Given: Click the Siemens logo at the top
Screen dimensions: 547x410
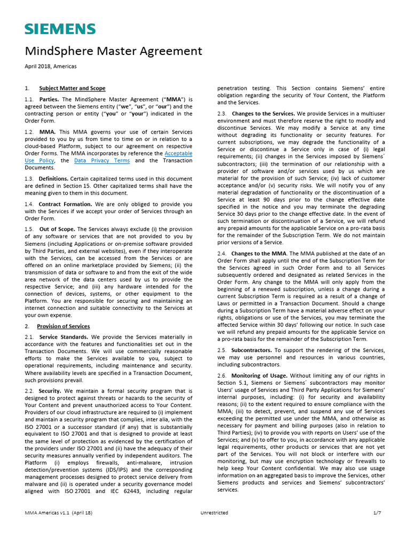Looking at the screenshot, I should coord(60,29).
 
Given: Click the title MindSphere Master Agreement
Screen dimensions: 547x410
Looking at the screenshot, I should coord(114,51).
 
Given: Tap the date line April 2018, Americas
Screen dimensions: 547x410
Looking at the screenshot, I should coord(50,66).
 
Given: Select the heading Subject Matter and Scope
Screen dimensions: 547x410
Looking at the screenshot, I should coord(72,88).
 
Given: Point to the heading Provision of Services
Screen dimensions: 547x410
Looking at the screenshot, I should coord(63,326).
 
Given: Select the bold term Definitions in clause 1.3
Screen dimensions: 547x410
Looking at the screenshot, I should coord(53,178).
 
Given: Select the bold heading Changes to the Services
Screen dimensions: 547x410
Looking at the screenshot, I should coord(263,114).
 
